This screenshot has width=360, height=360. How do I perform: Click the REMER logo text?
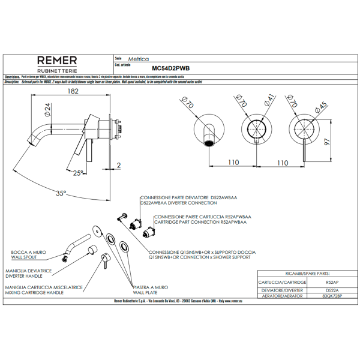[57, 60]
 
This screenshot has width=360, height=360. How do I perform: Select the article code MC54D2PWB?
[171, 69]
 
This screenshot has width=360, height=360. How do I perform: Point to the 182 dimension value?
[73, 91]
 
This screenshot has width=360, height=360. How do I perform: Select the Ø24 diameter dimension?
[45, 112]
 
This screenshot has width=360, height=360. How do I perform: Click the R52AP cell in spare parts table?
[332, 281]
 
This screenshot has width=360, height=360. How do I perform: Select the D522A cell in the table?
[332, 290]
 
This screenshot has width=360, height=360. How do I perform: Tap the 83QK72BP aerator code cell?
[332, 296]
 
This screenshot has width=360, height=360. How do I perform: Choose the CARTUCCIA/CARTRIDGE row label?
[283, 281]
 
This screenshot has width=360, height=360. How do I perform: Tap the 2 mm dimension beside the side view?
[119, 165]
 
